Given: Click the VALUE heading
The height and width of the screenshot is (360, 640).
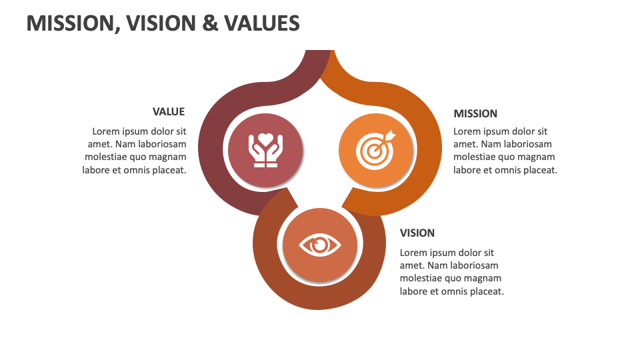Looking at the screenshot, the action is [169, 111].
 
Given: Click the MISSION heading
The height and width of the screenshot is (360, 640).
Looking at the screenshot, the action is [475, 113].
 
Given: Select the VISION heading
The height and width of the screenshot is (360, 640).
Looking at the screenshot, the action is [417, 233].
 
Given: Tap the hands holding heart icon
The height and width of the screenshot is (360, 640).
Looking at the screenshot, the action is [265, 149].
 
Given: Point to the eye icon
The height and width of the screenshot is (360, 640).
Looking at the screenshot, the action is [320, 245].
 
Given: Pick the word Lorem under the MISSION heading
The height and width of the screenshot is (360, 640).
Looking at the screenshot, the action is [467, 131].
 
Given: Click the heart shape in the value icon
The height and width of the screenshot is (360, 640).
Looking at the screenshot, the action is [265, 140].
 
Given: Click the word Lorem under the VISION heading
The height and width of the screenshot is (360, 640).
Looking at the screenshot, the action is [413, 253].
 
